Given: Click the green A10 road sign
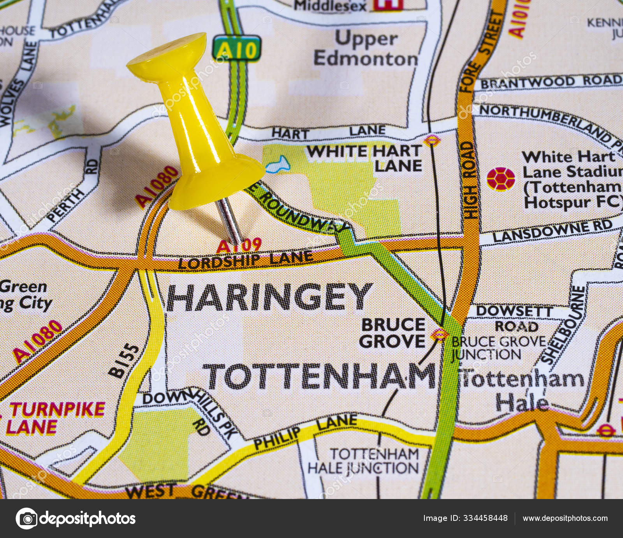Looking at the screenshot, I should point(236,49).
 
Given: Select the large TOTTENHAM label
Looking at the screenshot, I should point(320,376).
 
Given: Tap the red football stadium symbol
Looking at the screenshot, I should point(501,179).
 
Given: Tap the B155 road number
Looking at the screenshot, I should point(124,361).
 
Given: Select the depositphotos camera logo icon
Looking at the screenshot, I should point(26,519).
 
